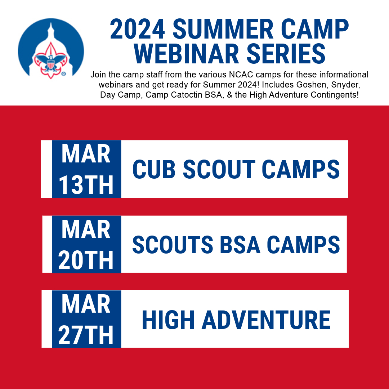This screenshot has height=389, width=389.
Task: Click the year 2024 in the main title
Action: click(137, 29)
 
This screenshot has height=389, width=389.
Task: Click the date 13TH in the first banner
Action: click(86, 185)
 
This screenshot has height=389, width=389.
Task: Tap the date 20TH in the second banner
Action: click(86, 260)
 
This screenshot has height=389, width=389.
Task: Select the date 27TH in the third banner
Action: click(86, 335)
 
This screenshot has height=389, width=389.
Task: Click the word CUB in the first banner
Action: click(154, 169)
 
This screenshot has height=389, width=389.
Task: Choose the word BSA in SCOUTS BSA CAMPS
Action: click(240, 245)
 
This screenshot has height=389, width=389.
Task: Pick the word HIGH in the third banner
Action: click(168, 320)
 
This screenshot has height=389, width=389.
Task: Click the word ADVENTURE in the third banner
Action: click(266, 320)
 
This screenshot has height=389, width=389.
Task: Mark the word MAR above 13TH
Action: click(86, 154)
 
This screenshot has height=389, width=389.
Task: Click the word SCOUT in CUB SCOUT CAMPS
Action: click(219, 169)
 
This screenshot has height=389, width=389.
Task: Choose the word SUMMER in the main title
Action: click(223, 29)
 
